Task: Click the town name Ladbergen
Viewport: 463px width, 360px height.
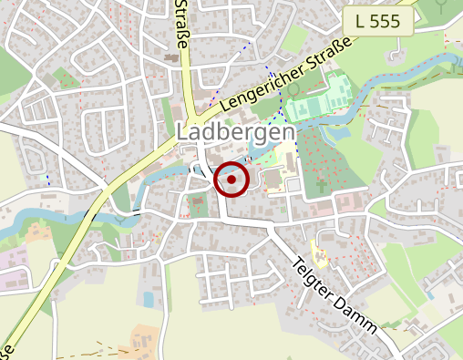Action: coord(235,133)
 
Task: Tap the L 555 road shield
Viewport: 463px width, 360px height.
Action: coord(378,22)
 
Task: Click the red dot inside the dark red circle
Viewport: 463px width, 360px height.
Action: coord(232,180)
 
